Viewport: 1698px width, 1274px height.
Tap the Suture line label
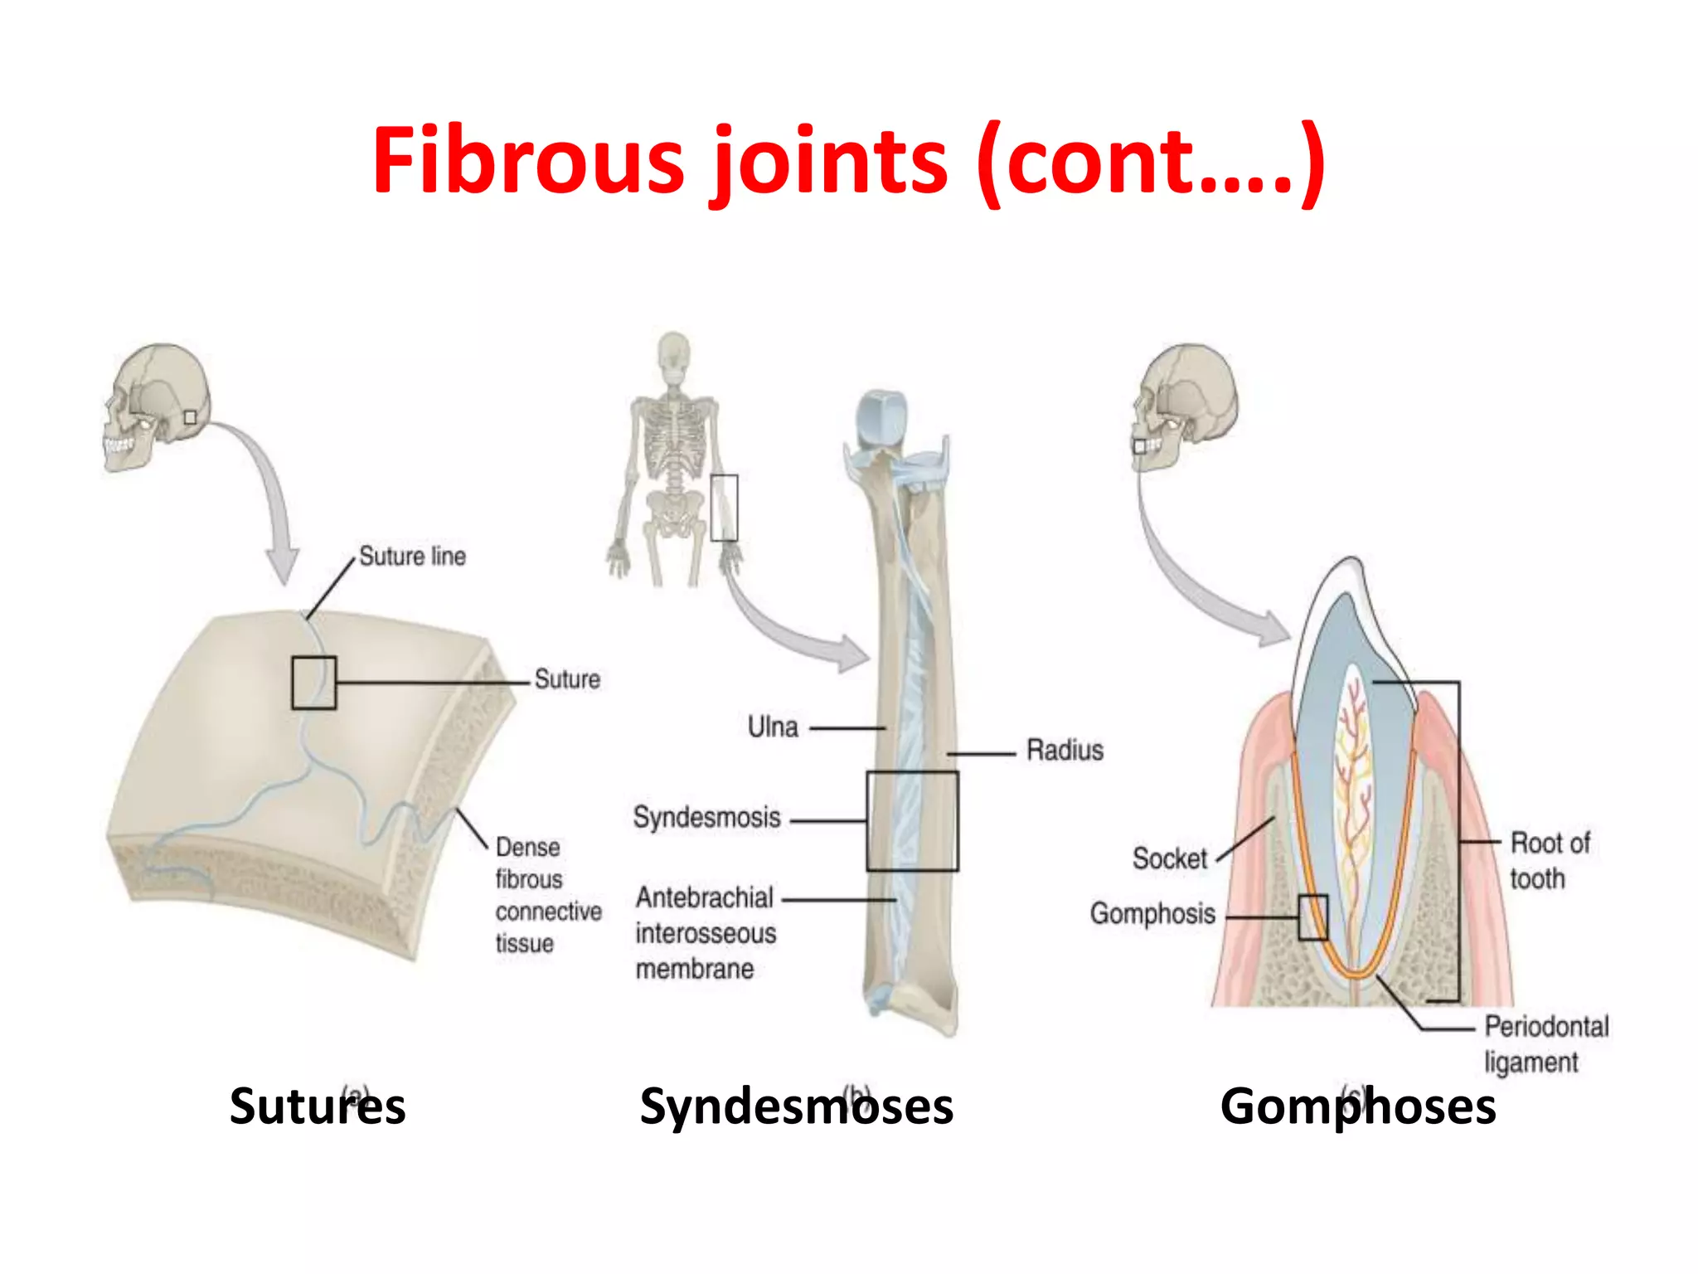tap(412, 556)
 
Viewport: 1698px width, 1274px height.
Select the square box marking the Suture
tap(313, 683)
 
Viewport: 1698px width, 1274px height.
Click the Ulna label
tap(773, 727)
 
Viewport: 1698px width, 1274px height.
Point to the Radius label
tap(1065, 750)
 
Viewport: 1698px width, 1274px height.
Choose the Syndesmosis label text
tap(706, 818)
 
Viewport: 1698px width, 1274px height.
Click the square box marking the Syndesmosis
tap(912, 821)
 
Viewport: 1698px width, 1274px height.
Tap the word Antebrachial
tap(704, 897)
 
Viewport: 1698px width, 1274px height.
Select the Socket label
tap(1170, 858)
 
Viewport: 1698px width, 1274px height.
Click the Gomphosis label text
tap(1152, 913)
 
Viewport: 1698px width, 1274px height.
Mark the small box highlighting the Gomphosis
tap(1312, 917)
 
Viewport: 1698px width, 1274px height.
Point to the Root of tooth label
tap(1549, 860)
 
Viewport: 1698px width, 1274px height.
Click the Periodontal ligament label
tap(1545, 1043)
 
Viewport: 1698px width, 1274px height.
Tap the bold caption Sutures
tap(318, 1106)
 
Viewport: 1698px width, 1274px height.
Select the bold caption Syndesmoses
tap(796, 1106)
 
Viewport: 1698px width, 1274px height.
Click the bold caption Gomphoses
tap(1357, 1106)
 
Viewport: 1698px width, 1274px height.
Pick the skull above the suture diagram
tap(158, 406)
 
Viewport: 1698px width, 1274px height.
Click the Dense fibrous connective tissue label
tap(547, 895)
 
